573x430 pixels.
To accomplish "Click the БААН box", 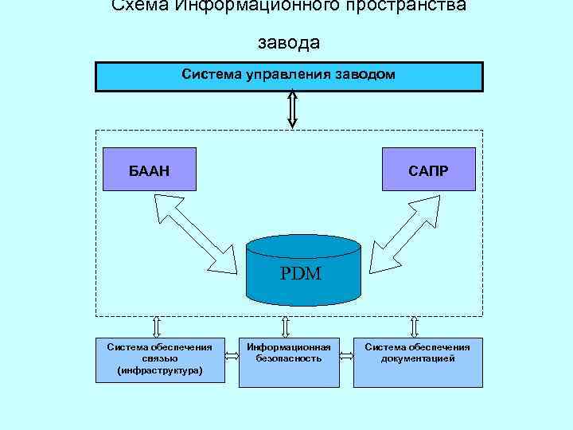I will pos(150,169).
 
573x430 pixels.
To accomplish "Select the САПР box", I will pos(428,169).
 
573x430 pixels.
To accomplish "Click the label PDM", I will pos(301,276).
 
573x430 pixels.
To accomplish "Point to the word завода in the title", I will pos(289,41).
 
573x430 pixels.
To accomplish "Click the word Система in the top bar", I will pos(207,75).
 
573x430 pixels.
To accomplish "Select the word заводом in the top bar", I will pos(363,75).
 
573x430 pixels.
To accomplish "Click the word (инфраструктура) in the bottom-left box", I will pos(159,370).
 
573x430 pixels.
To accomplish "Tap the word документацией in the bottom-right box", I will pos(417,359).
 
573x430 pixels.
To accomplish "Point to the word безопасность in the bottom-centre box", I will pos(288,359).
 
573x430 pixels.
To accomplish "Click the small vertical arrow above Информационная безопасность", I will pos(286,326).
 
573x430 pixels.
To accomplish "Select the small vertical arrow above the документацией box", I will pos(414,326).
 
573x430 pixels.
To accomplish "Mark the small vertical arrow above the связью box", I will pos(156,326).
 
